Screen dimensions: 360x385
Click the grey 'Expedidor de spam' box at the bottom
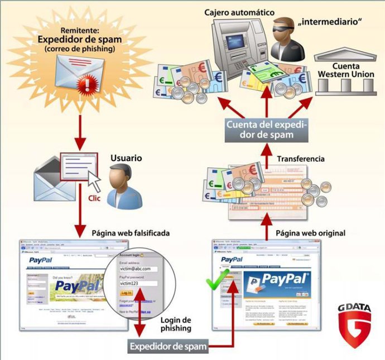click(168, 347)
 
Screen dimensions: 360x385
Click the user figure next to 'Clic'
click(122, 189)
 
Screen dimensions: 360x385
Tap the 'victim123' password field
click(137, 283)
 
